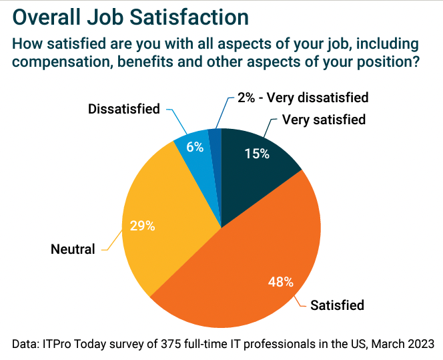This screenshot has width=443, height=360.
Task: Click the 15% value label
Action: click(256, 154)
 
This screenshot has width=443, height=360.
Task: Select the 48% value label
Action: click(280, 281)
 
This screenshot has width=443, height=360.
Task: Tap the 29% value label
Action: click(142, 226)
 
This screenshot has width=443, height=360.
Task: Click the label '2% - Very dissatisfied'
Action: click(302, 98)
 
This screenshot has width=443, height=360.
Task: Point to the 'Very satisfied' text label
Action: click(324, 120)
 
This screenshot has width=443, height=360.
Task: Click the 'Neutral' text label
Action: click(73, 249)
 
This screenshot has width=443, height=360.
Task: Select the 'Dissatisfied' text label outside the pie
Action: click(124, 109)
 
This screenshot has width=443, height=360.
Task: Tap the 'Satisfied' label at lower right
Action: click(337, 305)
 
